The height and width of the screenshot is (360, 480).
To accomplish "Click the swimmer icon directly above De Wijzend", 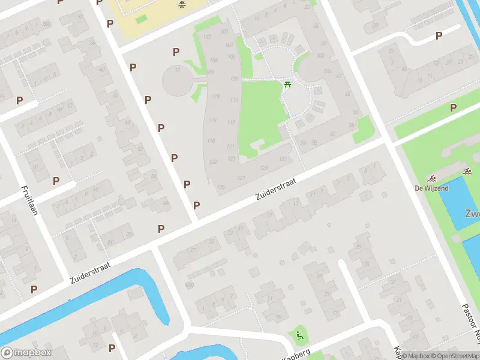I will coord(431,179).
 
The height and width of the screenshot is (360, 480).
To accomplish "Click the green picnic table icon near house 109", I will coord(287,84).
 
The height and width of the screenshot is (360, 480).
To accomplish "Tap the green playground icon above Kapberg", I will coord(298,334).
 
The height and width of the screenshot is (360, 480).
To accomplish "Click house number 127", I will coord(242,178).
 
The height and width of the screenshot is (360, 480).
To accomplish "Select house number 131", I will coord(283,158).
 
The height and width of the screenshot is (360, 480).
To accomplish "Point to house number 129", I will coord(265,167).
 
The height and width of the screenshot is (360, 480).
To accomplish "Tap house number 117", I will coord(231,122).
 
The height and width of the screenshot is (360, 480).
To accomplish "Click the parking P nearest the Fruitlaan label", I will coord(56,180).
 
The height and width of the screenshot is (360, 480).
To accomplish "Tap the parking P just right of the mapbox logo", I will coord(112,348).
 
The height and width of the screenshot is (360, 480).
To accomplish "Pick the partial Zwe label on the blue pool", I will coord(472,214).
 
